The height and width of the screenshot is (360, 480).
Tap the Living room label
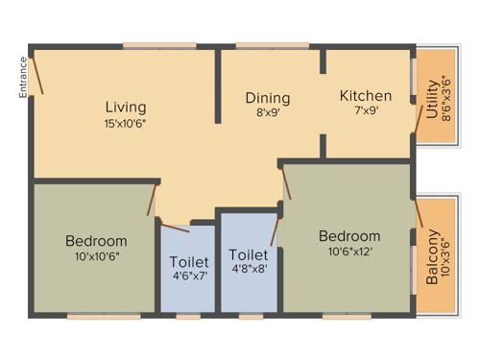[126, 106]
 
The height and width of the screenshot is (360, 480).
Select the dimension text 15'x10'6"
[126, 122]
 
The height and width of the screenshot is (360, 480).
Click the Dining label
[267, 98]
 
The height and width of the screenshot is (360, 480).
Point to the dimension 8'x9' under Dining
[267, 113]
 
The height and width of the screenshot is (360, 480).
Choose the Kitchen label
[366, 96]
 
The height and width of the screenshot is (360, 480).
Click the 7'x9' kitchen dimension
[366, 111]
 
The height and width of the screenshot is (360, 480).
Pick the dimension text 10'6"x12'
[349, 252]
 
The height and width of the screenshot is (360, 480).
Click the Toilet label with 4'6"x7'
[189, 262]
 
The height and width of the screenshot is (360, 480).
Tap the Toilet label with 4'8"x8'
[249, 255]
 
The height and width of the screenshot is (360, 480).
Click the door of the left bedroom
[151, 198]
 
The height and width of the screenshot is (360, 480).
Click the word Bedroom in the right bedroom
[349, 236]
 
